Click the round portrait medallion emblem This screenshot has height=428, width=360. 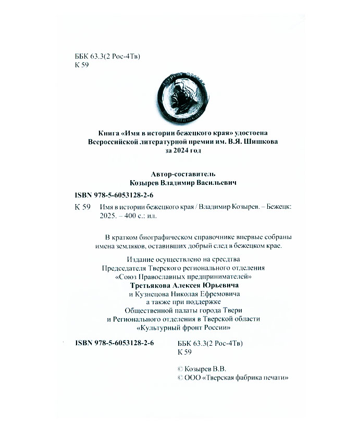pyautogui.click(x=180, y=96)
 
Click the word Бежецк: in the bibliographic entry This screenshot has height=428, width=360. pyautogui.click(x=277, y=206)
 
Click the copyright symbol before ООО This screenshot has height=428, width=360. pyautogui.click(x=180, y=377)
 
